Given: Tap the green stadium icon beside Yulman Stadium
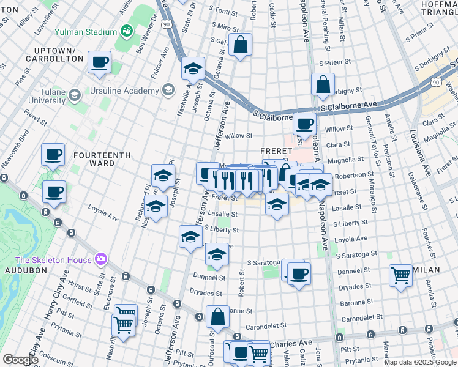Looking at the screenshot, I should pos(127,31).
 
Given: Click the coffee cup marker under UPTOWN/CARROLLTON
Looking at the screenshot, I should pos(99,62).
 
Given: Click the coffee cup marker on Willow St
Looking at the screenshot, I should pos(304,124).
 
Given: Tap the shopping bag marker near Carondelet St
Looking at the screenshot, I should pos(217,316).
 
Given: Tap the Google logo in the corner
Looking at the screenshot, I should pos(20,360).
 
